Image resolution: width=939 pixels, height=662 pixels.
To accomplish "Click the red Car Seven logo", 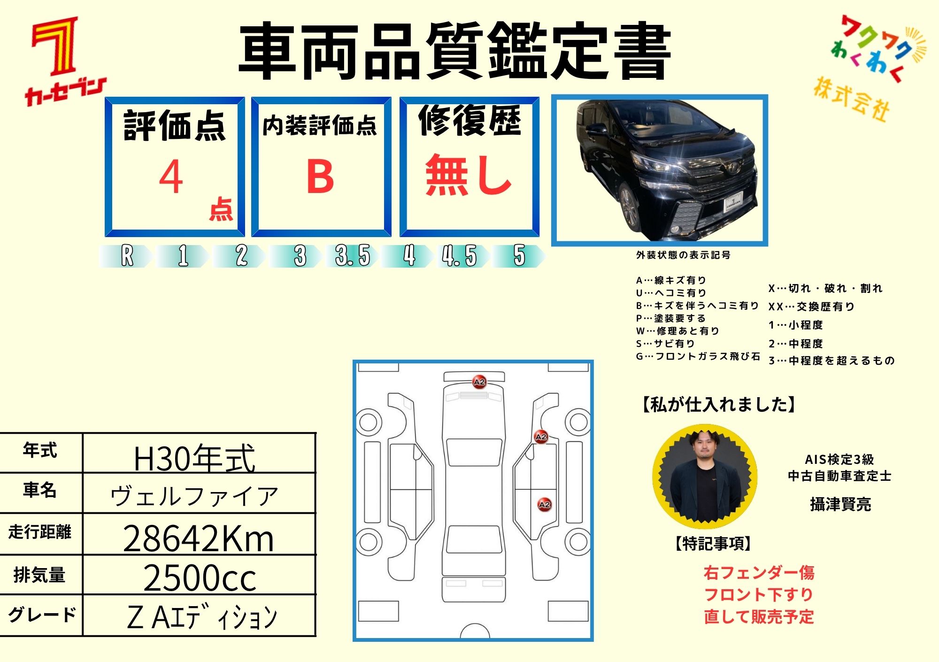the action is pyautogui.click(x=65, y=61).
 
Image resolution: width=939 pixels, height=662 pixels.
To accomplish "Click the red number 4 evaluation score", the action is pyautogui.click(x=171, y=177).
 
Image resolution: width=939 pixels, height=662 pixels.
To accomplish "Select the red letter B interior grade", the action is pyautogui.click(x=320, y=176).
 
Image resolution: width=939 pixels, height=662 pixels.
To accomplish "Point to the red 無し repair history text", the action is pyautogui.click(x=468, y=175).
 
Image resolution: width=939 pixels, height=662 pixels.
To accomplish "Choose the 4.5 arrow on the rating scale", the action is pyautogui.click(x=460, y=256).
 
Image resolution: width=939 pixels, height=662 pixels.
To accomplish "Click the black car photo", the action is pyautogui.click(x=659, y=170).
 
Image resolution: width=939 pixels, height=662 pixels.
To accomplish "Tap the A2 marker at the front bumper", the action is pyautogui.click(x=479, y=382).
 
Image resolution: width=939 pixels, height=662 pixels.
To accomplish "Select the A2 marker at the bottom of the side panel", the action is pyautogui.click(x=544, y=505).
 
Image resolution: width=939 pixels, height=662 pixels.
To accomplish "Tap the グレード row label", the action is pyautogui.click(x=42, y=615).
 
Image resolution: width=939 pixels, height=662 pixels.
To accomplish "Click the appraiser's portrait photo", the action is pyautogui.click(x=705, y=476).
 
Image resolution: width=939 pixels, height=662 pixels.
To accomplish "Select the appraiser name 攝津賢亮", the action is pyautogui.click(x=840, y=504).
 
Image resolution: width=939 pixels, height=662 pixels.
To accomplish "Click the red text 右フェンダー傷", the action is pyautogui.click(x=759, y=573).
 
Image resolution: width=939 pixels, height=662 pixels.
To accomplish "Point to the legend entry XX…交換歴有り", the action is pyautogui.click(x=811, y=307).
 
